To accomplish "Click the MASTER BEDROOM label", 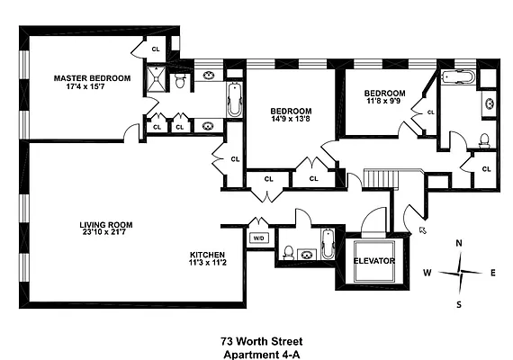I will (x=91, y=78).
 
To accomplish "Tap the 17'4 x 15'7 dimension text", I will (x=91, y=87).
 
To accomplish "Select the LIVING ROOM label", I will (x=107, y=226).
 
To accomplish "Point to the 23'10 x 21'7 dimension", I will (x=107, y=235).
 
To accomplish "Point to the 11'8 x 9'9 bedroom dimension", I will (x=384, y=103).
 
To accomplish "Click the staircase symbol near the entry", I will (x=378, y=178).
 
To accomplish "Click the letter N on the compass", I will (x=459, y=243).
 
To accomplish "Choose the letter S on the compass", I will (x=459, y=303).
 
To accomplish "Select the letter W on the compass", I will (x=428, y=273).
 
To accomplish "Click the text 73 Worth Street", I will (x=262, y=341).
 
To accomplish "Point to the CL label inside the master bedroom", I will (x=155, y=49).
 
